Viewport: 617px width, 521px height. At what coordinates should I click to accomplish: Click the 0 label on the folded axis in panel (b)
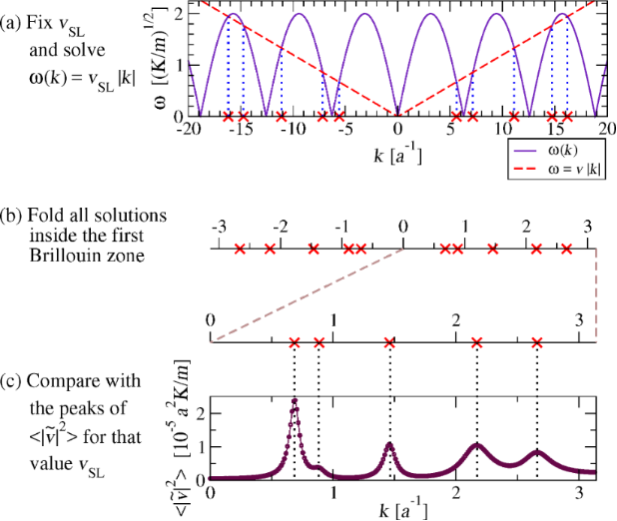click(402, 225)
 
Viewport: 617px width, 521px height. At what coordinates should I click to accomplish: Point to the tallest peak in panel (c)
click(295, 401)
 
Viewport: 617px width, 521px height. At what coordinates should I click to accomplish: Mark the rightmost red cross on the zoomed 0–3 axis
click(537, 343)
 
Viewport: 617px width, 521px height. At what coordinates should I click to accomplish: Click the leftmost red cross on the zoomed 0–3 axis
click(294, 343)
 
